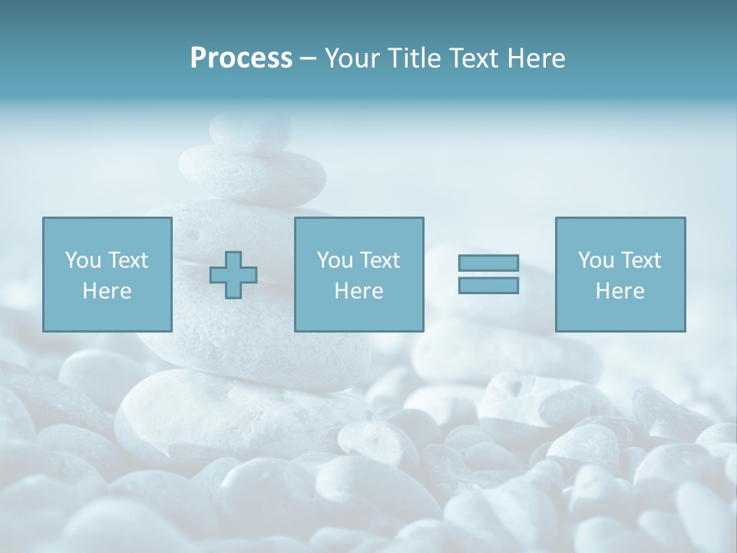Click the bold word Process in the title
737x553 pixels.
tap(241, 58)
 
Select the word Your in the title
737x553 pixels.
tap(351, 58)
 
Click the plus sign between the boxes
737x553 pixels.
tap(233, 275)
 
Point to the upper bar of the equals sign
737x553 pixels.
tap(488, 263)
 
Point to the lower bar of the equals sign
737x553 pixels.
tap(488, 285)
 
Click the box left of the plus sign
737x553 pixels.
tap(107, 274)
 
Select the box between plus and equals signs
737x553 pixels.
tap(359, 274)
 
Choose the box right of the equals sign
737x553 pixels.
tap(620, 274)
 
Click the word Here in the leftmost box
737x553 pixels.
tap(107, 291)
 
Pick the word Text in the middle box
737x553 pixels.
tap(379, 260)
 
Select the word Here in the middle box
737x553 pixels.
tap(359, 291)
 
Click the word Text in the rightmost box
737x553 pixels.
tap(640, 260)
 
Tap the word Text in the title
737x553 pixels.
tap(471, 58)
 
